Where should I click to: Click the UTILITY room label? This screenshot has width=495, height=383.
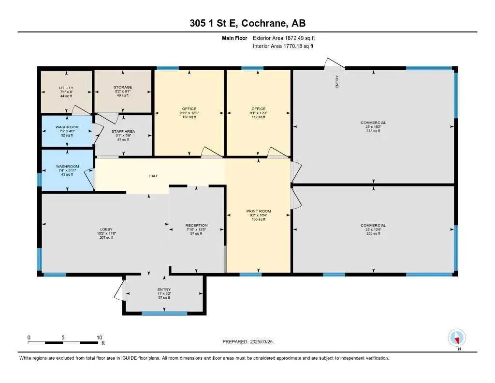tap(66, 88)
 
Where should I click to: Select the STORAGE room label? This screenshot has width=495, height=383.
tap(122, 87)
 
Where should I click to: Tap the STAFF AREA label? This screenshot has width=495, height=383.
tap(123, 131)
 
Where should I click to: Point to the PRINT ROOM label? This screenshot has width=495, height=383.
tap(259, 211)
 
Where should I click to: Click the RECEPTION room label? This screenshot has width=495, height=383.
tap(196, 225)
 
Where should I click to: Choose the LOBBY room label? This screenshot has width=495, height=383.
tap(106, 229)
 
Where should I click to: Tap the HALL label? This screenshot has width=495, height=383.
tap(153, 176)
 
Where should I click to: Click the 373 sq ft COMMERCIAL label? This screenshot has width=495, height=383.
tap(373, 123)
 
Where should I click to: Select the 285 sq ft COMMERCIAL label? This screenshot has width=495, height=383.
tap(373, 225)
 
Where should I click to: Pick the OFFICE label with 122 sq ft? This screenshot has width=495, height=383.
tap(189, 108)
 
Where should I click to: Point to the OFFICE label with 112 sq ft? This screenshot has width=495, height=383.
tap(259, 108)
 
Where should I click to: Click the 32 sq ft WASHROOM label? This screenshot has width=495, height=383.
tap(67, 127)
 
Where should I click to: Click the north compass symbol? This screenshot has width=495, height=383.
tap(457, 337)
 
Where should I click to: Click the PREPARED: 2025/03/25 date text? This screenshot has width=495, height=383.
tap(251, 341)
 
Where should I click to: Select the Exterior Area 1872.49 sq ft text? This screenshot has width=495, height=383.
tap(284, 38)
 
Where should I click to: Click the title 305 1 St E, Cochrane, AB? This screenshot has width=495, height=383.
tap(247, 23)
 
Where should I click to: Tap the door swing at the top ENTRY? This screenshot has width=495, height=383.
tap(334, 63)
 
